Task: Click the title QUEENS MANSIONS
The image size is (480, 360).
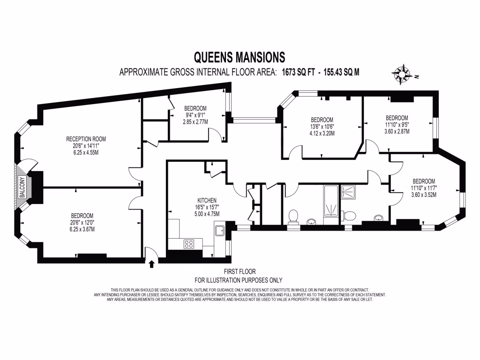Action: [x=240, y=57]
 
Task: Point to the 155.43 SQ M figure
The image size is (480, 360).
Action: [x=338, y=72]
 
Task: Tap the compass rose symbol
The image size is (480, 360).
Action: [x=401, y=74]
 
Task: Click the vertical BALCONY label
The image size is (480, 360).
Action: [x=21, y=187]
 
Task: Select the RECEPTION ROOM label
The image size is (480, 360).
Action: [x=86, y=139]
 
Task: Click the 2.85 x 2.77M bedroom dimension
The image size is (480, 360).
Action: [x=195, y=122]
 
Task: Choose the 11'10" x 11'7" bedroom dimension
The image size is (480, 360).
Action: [x=423, y=188]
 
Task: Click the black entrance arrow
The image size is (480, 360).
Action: [x=151, y=264]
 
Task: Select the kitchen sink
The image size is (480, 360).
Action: [x=219, y=231]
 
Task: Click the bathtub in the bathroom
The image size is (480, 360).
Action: [x=331, y=201]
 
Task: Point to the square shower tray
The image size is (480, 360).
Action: [x=348, y=191]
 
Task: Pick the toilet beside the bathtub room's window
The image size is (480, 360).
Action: [x=293, y=216]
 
